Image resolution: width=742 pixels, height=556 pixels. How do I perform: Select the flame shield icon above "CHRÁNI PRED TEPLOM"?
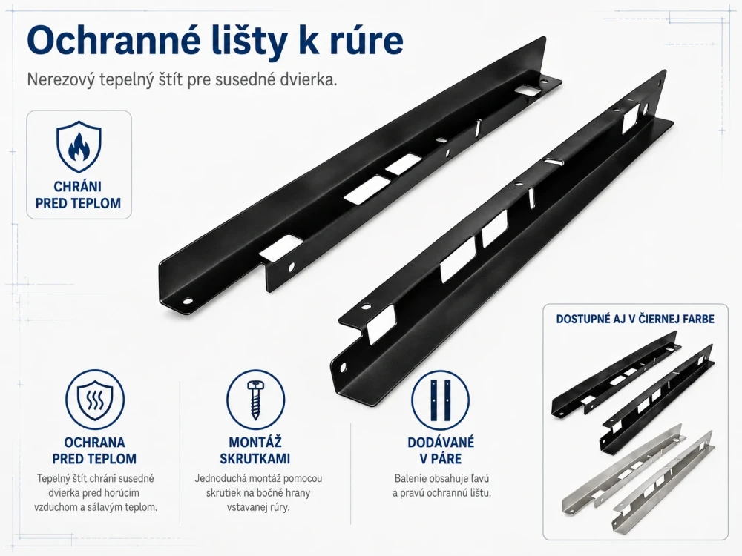coord(79,148)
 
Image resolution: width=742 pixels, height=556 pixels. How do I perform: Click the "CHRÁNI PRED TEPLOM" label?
coord(79,195)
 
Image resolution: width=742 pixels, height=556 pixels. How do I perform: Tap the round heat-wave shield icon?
coord(95,400)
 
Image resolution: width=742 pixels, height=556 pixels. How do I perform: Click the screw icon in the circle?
coord(255,400)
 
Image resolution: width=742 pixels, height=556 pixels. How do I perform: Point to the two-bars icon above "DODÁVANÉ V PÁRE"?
coord(440,400)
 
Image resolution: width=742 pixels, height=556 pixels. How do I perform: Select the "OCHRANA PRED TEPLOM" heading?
coord(95,451)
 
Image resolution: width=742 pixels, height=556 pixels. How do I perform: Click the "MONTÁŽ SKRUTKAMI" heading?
coord(255,451)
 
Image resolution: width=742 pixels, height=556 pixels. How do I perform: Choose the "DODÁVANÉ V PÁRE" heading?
coord(441,451)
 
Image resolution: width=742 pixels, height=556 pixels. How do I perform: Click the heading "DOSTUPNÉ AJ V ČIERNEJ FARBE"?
coord(635,319)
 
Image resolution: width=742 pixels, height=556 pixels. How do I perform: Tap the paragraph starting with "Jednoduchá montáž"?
coord(258,493)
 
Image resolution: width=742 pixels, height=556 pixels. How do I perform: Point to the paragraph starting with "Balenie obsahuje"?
coord(441,486)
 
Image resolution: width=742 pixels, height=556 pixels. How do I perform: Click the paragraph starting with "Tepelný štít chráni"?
coord(96,493)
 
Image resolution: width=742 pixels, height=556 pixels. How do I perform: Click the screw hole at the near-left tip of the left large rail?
coord(188,301)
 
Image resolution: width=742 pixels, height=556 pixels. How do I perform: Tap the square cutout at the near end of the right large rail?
coord(381,325)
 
